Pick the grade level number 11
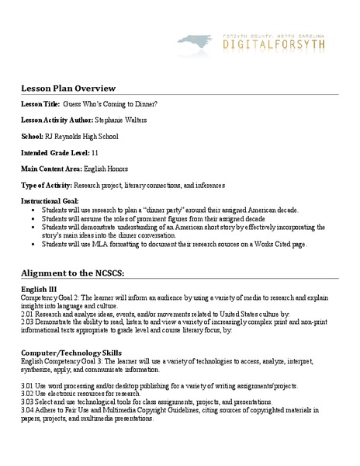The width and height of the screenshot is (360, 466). pos(95,153)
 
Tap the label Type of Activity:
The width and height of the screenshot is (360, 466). pos(47,186)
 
